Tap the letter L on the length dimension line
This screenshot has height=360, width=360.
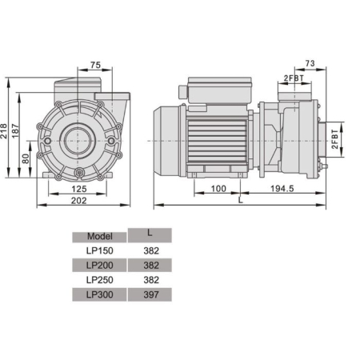point(240,201)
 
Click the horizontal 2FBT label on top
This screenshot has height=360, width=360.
point(293,77)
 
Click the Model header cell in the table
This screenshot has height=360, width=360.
point(99,236)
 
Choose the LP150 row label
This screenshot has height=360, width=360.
point(99,250)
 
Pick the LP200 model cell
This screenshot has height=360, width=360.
point(99,265)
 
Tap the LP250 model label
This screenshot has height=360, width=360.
point(99,280)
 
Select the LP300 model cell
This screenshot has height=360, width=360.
point(99,294)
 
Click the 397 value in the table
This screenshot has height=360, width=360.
point(149,294)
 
